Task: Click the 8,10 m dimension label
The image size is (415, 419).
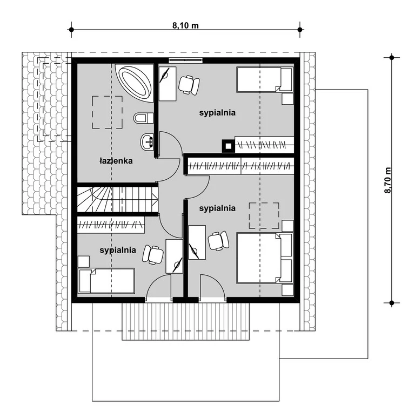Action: [x=185, y=25]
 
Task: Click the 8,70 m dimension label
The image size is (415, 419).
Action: [x=388, y=180]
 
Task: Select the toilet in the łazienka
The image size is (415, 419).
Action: [x=143, y=118]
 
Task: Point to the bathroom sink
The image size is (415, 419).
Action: [x=147, y=141]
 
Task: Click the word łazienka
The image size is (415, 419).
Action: [x=116, y=161]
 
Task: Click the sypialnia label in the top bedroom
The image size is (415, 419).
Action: [x=217, y=112]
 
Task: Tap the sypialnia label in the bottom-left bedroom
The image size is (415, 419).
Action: [x=118, y=250]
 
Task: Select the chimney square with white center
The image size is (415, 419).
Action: [x=229, y=146]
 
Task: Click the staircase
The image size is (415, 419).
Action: [x=117, y=200]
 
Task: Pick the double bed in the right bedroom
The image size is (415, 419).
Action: [x=265, y=258]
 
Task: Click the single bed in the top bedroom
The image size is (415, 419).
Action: [x=265, y=79]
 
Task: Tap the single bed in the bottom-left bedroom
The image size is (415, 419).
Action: [x=106, y=281]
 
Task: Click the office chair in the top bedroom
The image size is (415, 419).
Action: [x=189, y=85]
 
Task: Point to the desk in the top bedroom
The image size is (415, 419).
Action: [x=168, y=84]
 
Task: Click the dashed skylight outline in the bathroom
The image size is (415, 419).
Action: [x=108, y=112]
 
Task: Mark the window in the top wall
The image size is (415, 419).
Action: [x=185, y=59]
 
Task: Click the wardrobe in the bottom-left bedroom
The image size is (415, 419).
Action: [x=111, y=225]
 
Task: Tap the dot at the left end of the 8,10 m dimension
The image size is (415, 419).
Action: [x=71, y=29]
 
